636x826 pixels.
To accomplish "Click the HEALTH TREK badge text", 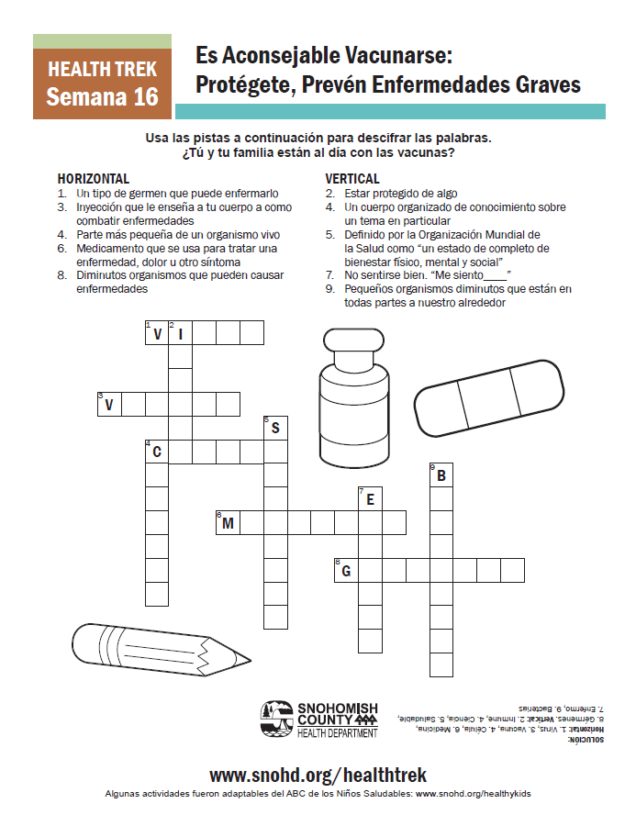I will pyautogui.click(x=102, y=69).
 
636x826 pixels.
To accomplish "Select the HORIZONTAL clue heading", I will pyautogui.click(x=94, y=179).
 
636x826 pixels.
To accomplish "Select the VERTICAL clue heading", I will pyautogui.click(x=352, y=179).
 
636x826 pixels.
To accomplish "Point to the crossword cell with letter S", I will pyautogui.click(x=275, y=428).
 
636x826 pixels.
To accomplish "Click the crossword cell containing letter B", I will pyautogui.click(x=441, y=475).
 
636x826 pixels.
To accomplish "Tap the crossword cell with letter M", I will pyautogui.click(x=228, y=523).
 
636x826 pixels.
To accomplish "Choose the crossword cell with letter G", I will pyautogui.click(x=346, y=571).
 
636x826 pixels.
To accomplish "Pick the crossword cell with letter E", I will pyautogui.click(x=370, y=499).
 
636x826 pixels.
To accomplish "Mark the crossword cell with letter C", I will pyautogui.click(x=157, y=452).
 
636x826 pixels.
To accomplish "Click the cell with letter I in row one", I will pyautogui.click(x=180, y=332).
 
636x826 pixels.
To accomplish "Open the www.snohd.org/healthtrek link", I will pyautogui.click(x=318, y=775).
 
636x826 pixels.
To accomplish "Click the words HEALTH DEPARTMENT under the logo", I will pyautogui.click(x=337, y=732).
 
